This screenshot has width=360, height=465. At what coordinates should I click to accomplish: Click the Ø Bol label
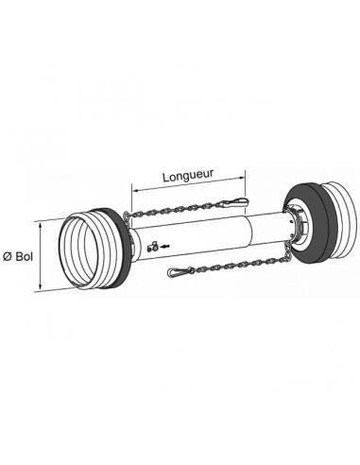tap(18, 255)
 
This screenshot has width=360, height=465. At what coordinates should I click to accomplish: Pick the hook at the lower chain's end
tap(179, 275)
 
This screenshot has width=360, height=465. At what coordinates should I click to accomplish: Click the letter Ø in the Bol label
tap(8, 255)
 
